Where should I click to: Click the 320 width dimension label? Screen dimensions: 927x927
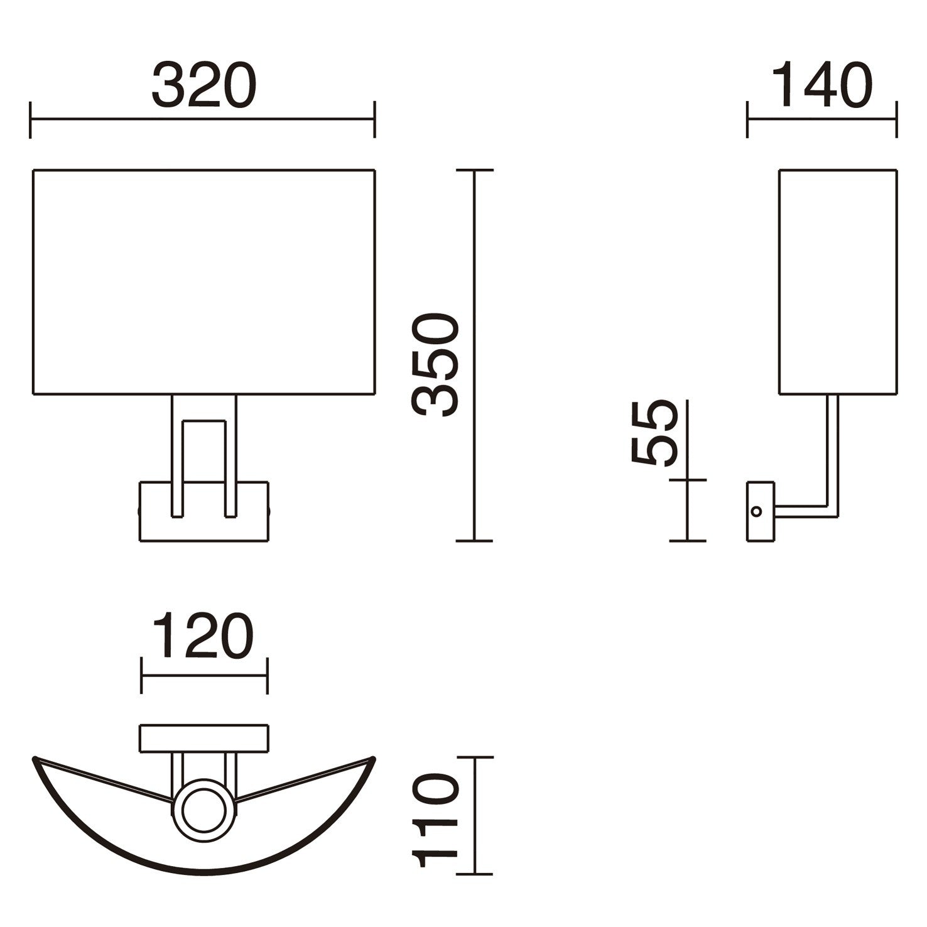click(x=204, y=85)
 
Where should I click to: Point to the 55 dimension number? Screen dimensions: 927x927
click(x=654, y=433)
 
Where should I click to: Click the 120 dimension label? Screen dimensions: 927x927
click(x=203, y=637)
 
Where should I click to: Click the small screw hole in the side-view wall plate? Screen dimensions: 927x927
click(x=757, y=511)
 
